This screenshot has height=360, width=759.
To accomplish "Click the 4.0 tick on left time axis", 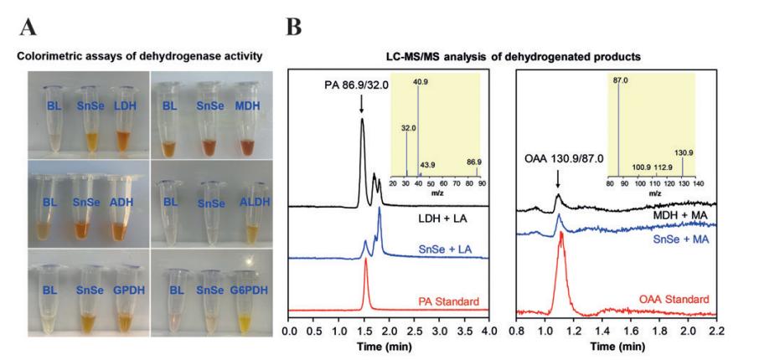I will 488,330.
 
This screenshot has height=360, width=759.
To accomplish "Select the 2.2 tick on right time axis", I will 716,330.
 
